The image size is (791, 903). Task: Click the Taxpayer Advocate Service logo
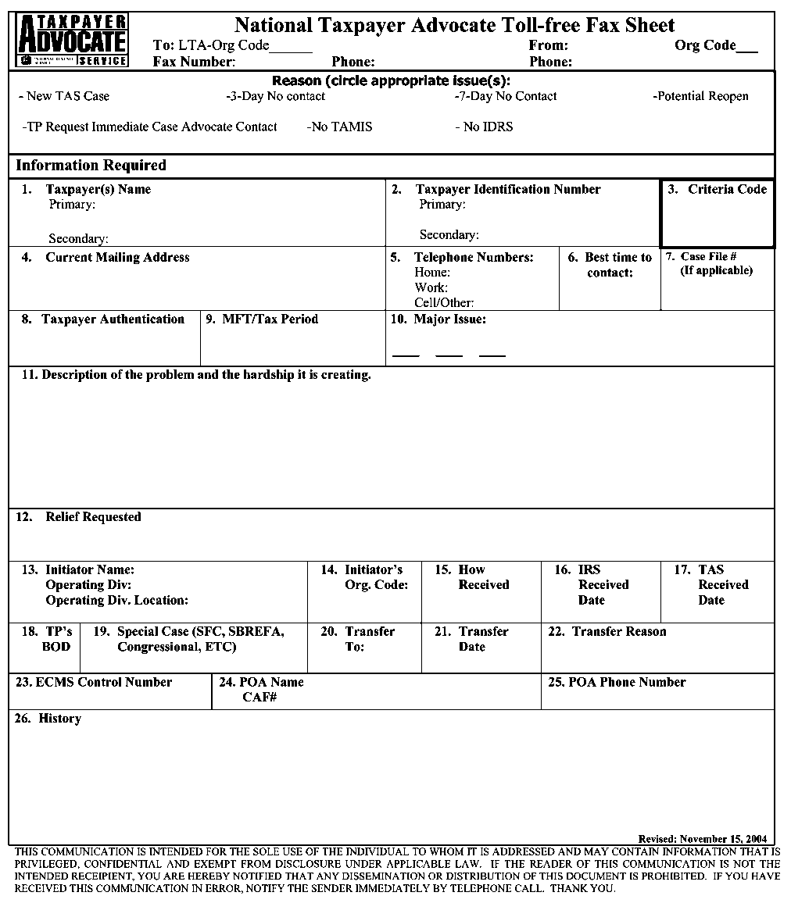72,40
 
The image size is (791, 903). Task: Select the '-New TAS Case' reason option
64,96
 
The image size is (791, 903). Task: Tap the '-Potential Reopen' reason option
700,96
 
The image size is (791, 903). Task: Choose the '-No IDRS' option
484,127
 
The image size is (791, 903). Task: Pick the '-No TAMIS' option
340,127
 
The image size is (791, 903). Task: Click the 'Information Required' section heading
91,165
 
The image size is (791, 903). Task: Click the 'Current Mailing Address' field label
117,257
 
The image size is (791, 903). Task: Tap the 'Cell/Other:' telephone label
444,302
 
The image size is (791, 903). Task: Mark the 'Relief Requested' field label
93,516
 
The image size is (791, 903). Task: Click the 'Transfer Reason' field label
618,631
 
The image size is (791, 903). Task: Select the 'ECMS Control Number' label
94,682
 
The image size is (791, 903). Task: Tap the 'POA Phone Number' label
617,682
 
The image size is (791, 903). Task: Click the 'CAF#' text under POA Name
259,697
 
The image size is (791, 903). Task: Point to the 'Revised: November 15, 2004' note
702,838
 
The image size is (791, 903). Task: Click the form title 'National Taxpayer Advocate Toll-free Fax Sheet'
454,25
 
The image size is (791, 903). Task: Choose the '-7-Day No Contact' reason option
506,96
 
